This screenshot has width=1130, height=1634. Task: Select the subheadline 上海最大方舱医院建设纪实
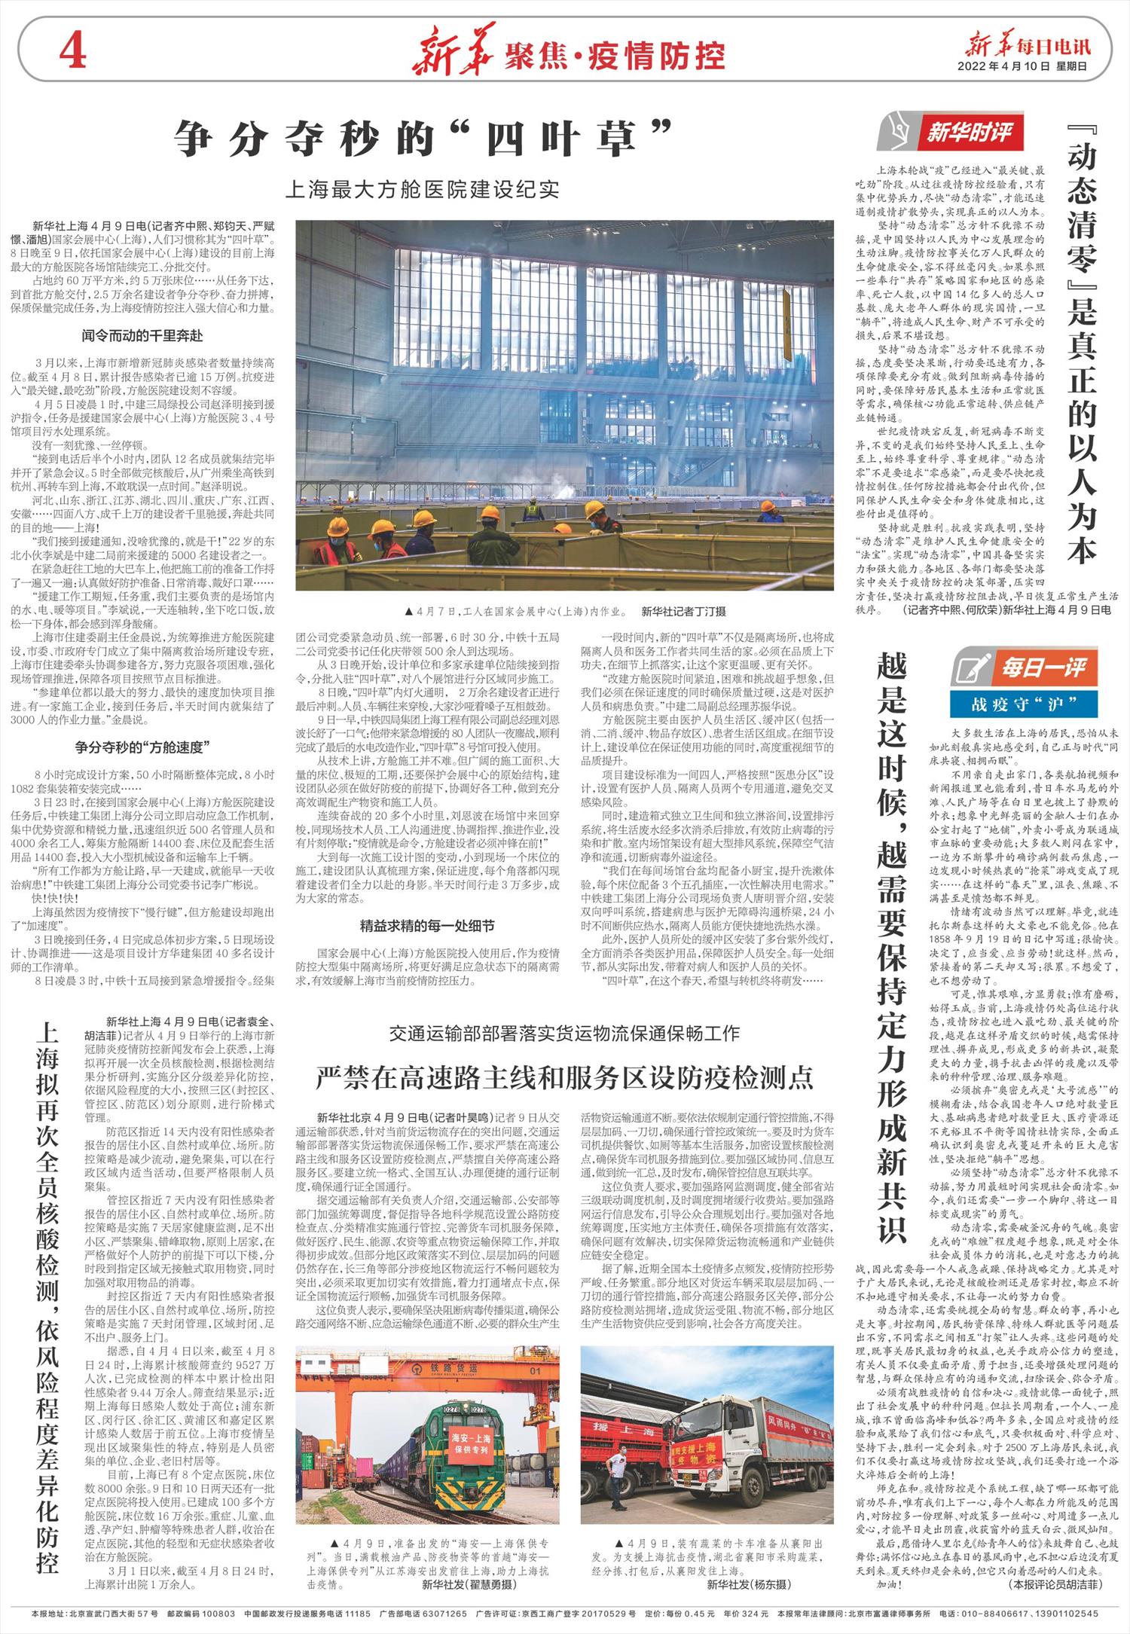[x=422, y=189]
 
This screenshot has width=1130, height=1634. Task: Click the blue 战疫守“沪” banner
[x=1033, y=704]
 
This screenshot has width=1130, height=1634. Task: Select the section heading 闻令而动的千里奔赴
[x=142, y=335]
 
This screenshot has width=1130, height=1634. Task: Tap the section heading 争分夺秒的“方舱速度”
[x=142, y=747]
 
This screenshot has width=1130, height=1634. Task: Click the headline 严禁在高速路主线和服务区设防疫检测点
[x=565, y=1078]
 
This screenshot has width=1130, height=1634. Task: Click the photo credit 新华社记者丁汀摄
[x=683, y=611]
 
